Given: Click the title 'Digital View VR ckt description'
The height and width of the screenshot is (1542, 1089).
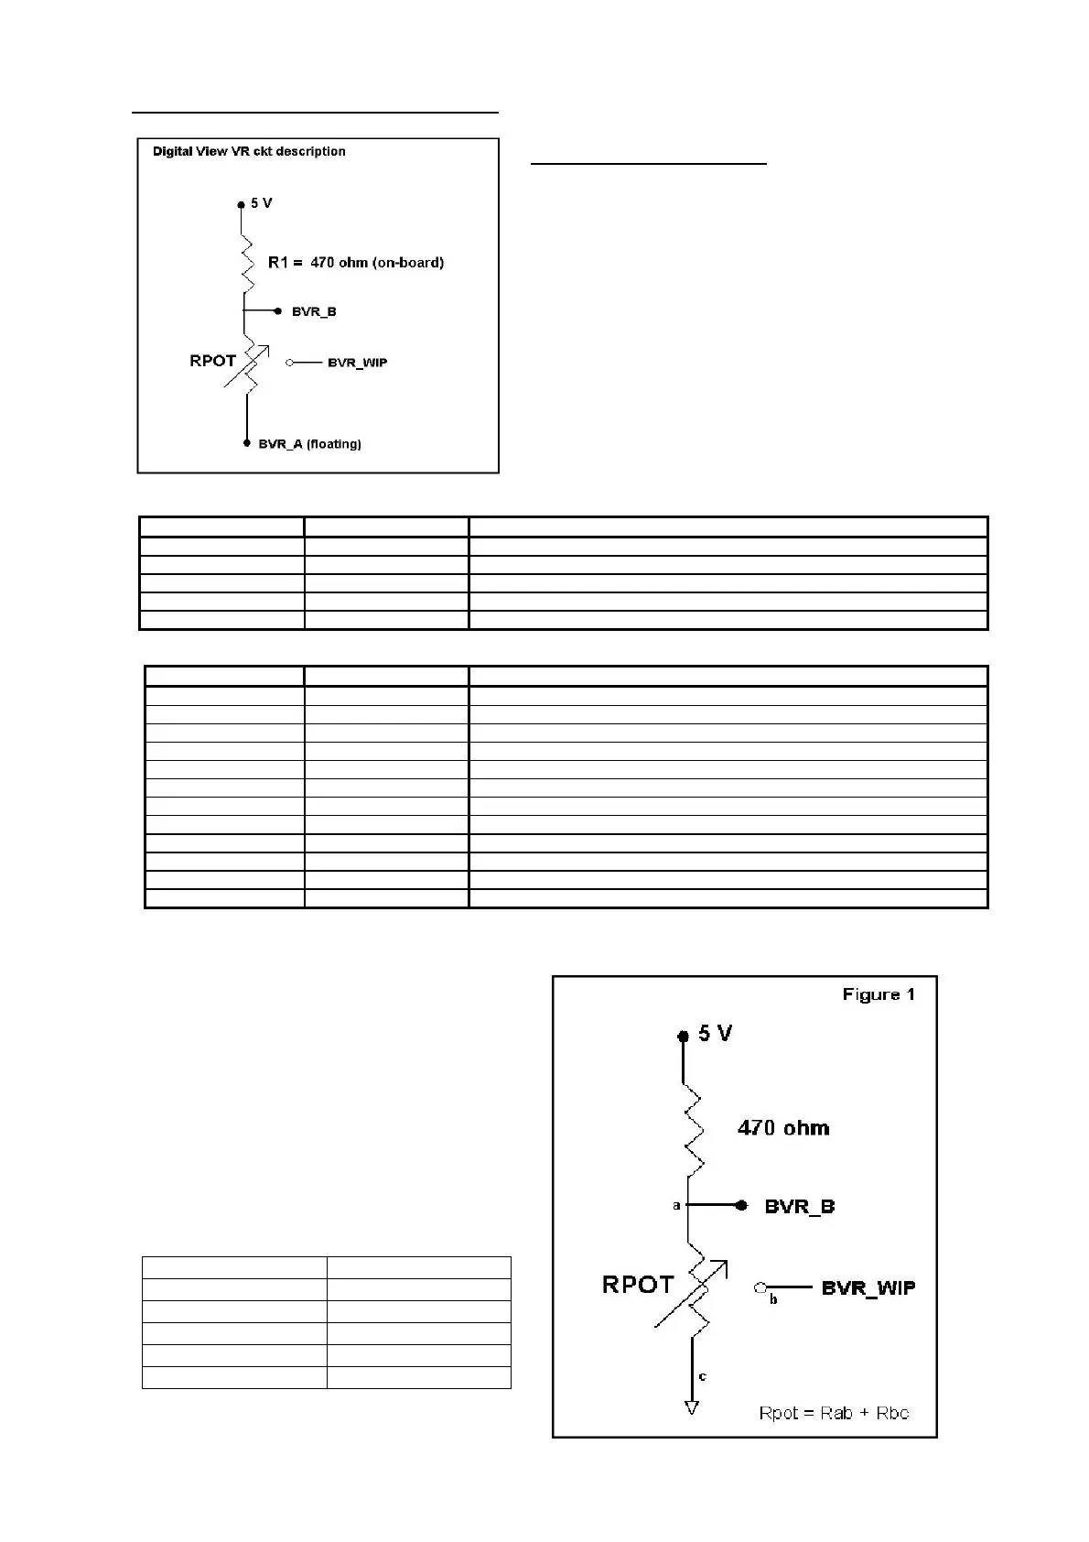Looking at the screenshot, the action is tap(249, 151).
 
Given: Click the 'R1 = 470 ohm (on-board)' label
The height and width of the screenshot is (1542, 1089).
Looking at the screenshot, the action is tap(355, 263).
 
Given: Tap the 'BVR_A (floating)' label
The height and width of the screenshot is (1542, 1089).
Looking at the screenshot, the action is tap(309, 444).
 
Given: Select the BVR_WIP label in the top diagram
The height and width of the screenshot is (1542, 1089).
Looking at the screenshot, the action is tap(357, 363).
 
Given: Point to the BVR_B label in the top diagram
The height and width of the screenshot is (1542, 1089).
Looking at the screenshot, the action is tap(314, 311).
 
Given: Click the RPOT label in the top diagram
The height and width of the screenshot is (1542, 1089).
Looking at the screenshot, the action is tap(212, 361).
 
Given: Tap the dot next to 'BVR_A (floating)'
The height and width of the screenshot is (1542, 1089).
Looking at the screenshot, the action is tap(246, 443).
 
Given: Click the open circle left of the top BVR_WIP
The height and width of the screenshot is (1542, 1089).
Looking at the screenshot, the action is tap(290, 363).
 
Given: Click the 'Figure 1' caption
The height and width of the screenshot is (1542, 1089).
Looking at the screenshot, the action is tap(879, 994).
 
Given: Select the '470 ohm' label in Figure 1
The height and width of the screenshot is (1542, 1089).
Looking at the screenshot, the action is tap(783, 1128).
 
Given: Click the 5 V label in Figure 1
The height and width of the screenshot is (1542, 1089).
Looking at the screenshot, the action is tap(716, 1034).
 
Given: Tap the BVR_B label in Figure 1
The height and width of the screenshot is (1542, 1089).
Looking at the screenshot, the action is tap(800, 1207).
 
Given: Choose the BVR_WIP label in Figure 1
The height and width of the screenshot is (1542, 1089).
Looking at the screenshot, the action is tap(868, 1287).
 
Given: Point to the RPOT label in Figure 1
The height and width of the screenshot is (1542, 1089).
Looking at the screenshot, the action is tap(638, 1285).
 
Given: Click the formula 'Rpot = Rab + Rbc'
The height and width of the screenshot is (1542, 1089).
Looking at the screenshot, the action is tap(834, 1413).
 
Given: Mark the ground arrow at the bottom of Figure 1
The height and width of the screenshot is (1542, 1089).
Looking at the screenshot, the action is tap(692, 1407).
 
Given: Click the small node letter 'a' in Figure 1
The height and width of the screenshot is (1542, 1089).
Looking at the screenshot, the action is tap(676, 1206).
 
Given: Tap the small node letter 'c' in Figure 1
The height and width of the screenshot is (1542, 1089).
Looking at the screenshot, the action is tap(703, 1376).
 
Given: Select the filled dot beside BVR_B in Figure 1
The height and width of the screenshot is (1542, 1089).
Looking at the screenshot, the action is tap(741, 1206).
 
